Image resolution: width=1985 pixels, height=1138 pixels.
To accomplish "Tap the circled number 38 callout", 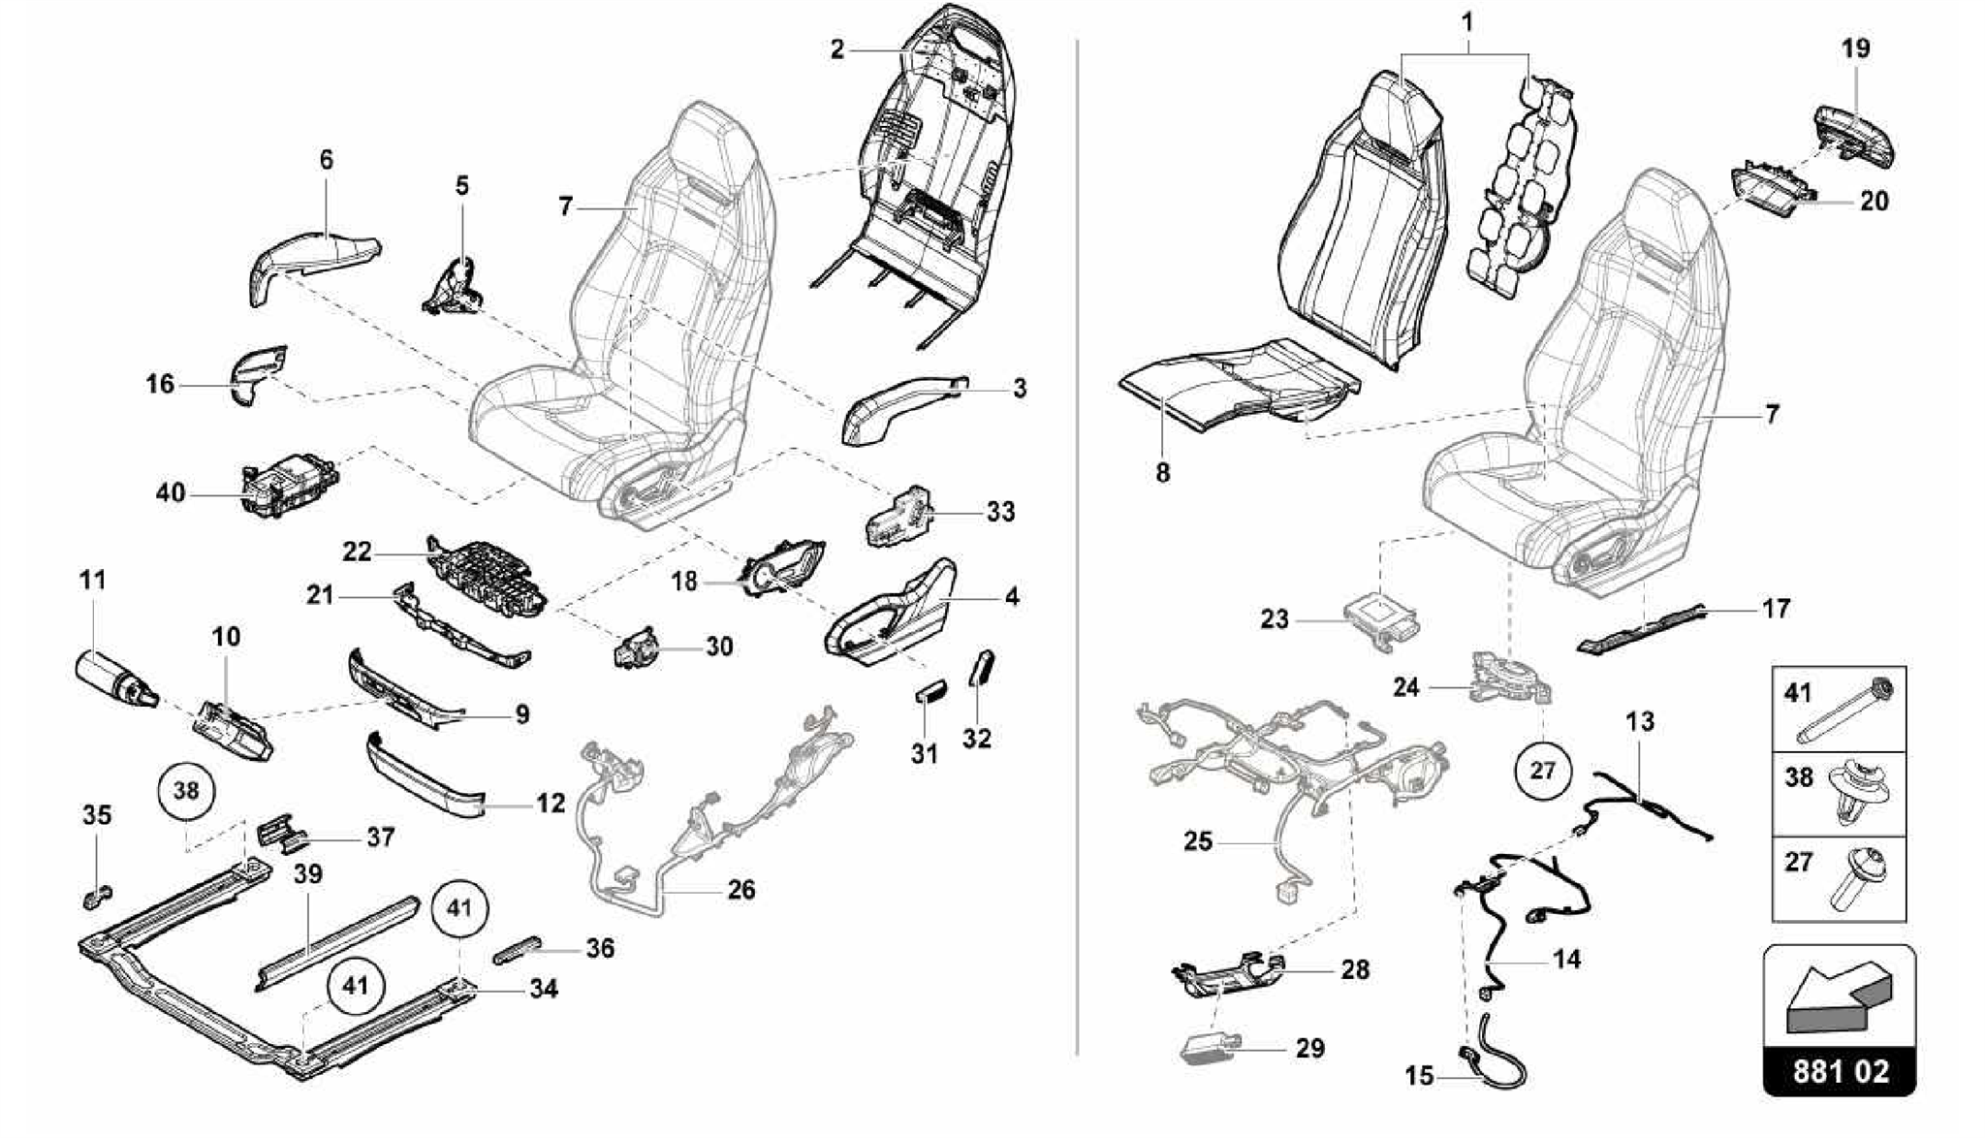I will point(186,790).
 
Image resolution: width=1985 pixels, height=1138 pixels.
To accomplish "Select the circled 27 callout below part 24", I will point(1541,771).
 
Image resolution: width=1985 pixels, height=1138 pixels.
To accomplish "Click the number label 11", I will point(92,581).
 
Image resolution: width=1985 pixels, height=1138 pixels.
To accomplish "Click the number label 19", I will point(1855,48).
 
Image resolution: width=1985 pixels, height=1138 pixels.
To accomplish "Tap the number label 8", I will point(1162,473).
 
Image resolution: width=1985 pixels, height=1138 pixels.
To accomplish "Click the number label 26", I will point(740,889).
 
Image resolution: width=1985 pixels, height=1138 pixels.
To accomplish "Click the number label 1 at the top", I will point(1467,21).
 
